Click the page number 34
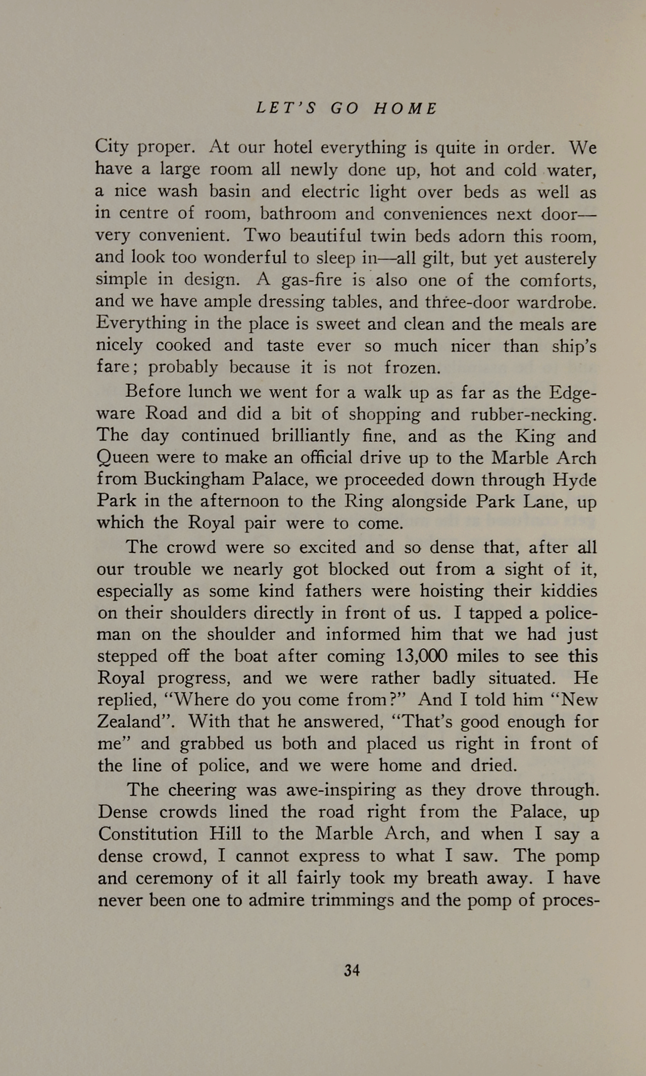point(351,970)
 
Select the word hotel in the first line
point(294,148)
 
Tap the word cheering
point(202,790)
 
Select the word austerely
point(560,259)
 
